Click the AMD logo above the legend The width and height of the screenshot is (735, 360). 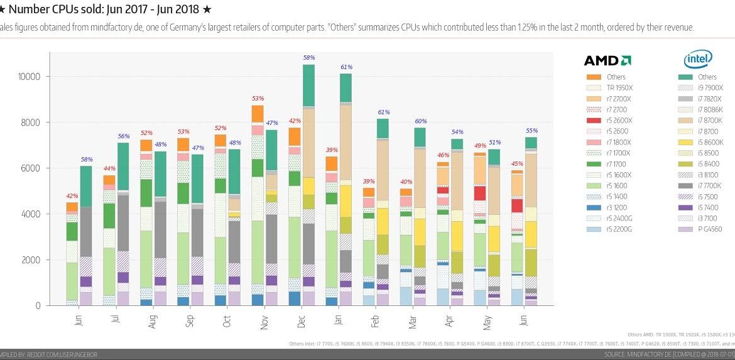607,61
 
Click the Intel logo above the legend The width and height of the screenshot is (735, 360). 698,59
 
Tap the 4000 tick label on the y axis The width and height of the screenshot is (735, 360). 31,214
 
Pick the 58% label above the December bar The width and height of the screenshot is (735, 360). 309,58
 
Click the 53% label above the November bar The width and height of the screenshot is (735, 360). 257,99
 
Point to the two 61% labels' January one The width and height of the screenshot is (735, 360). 346,67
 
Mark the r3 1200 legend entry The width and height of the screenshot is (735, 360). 616,207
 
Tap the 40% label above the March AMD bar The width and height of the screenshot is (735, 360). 405,182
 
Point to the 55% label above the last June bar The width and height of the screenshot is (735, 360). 531,131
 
